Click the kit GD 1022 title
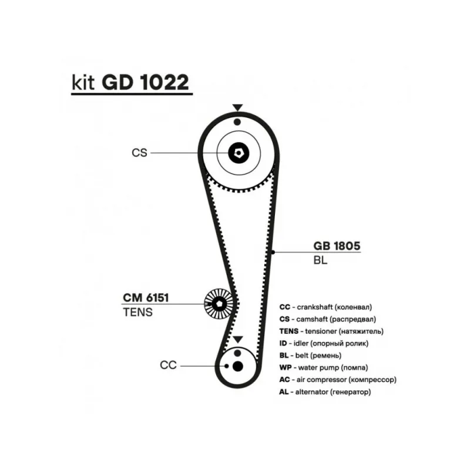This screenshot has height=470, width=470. [x=130, y=83]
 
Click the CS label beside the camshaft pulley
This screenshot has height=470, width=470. [x=139, y=153]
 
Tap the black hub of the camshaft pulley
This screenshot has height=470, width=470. [x=239, y=153]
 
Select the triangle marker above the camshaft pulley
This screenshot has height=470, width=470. [x=237, y=108]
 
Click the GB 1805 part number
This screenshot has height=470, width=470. [x=336, y=246]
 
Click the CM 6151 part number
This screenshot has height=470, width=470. [x=146, y=298]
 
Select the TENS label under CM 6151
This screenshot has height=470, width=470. [x=137, y=313]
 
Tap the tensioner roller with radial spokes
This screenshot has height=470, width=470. [x=218, y=304]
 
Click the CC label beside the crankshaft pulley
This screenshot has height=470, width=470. [x=168, y=365]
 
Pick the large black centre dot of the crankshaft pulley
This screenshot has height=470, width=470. [x=237, y=367]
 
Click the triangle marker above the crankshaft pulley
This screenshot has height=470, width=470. [x=237, y=340]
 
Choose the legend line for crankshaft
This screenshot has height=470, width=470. [x=326, y=307]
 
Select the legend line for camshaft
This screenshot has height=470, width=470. [x=327, y=320]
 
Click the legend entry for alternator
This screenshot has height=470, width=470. [x=325, y=391]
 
